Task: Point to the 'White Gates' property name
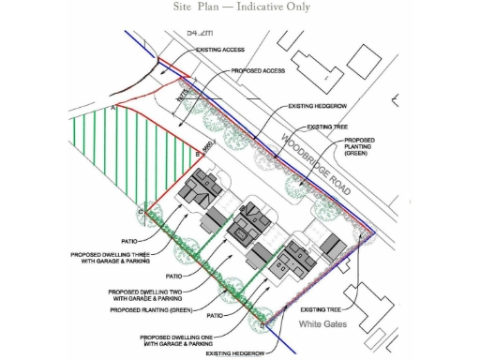[x=323, y=325]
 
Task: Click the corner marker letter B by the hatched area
[x=197, y=154]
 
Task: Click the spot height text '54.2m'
[x=201, y=33]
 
